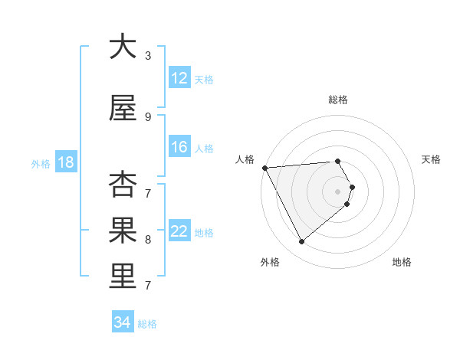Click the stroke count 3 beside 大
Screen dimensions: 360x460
click(148, 55)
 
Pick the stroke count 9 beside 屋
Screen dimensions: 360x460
click(148, 116)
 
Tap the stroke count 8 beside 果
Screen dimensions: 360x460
click(148, 239)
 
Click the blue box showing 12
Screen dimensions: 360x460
click(179, 78)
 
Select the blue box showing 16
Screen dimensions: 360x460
click(179, 147)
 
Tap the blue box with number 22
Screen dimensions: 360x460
click(179, 231)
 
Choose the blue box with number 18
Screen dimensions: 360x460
click(65, 162)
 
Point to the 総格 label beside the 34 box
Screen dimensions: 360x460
click(147, 324)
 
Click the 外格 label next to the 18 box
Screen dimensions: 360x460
click(41, 163)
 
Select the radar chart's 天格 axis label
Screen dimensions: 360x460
click(432, 159)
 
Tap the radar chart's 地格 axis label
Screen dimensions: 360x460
click(402, 262)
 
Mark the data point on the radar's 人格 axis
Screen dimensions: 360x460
click(264, 168)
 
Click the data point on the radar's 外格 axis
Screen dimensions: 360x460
click(301, 242)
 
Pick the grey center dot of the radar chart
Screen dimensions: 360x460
click(337, 191)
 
